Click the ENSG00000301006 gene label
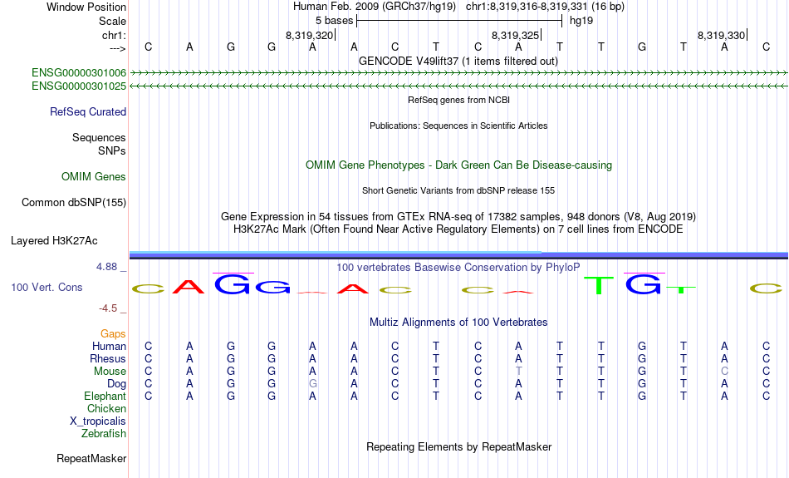(x=79, y=73)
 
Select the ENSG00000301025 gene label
(x=79, y=86)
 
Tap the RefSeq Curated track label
(x=88, y=112)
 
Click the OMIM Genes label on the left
(x=94, y=177)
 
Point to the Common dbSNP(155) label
(x=74, y=203)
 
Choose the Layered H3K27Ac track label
(x=54, y=241)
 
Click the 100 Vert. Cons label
(x=47, y=287)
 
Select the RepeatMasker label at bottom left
(x=91, y=458)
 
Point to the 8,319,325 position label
(x=515, y=35)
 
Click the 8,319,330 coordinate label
(x=721, y=35)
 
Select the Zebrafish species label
(x=104, y=434)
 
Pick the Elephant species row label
(x=105, y=397)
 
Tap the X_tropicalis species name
(x=98, y=421)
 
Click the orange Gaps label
(x=113, y=334)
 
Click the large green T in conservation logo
(x=600, y=285)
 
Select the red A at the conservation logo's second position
(x=189, y=287)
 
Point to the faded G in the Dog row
(x=312, y=384)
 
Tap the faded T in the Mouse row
(x=518, y=372)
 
